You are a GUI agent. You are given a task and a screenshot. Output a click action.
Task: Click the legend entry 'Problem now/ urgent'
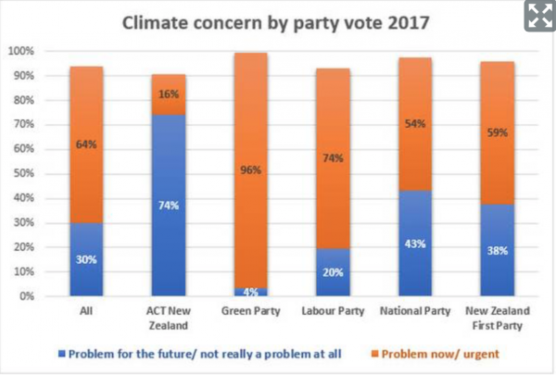(440, 353)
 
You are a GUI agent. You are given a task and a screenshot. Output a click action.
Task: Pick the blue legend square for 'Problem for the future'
(61, 353)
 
